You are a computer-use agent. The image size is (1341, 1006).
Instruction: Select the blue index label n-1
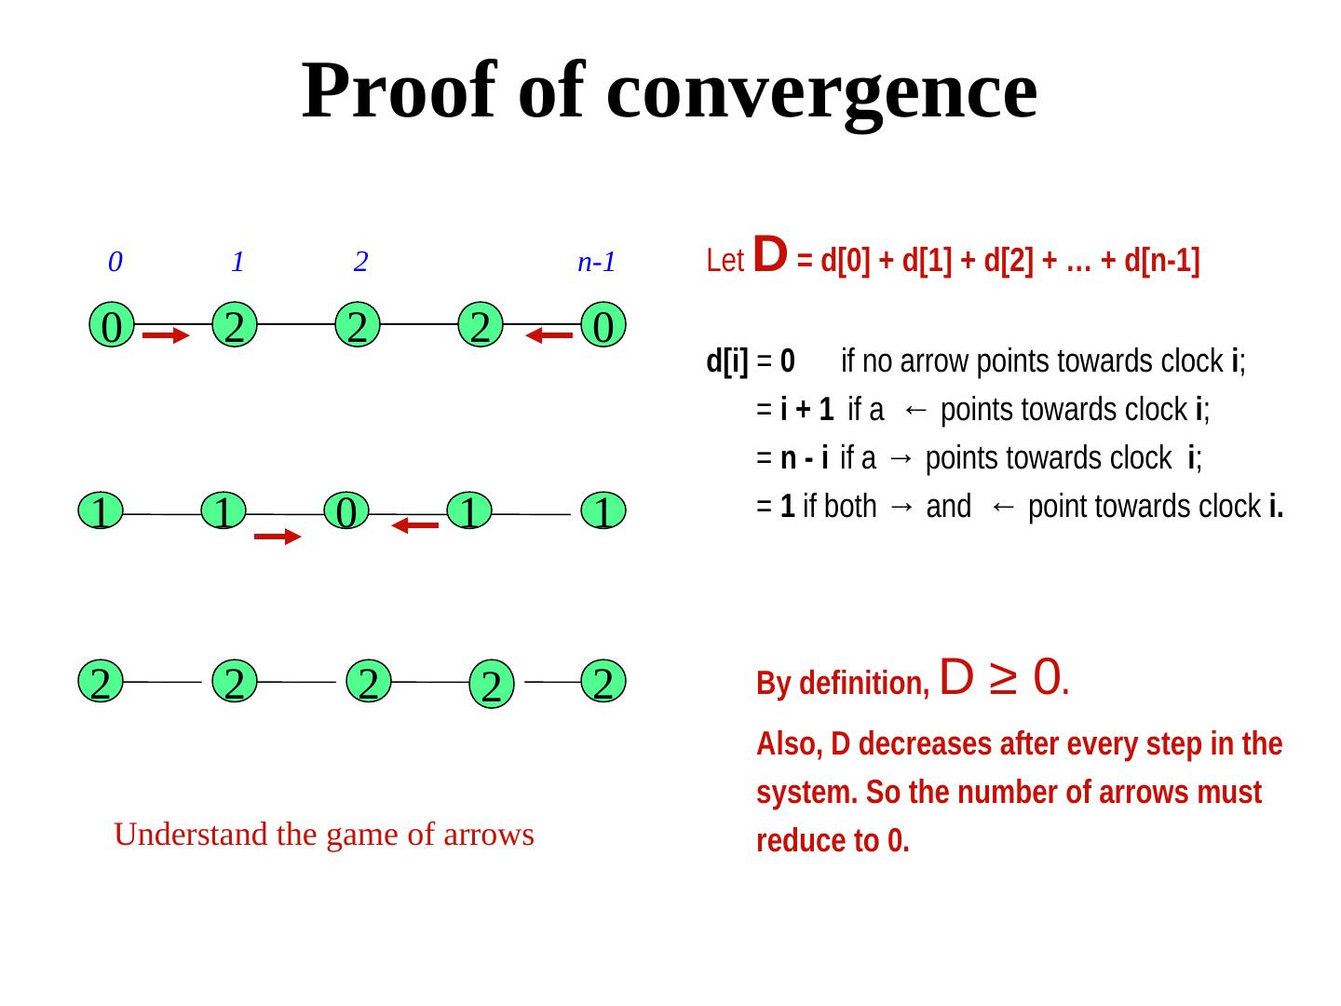click(597, 262)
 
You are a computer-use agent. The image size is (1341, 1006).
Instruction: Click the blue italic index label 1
click(237, 262)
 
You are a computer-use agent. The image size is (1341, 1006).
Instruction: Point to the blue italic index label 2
click(360, 262)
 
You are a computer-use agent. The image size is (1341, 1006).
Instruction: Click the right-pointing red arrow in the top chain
click(167, 335)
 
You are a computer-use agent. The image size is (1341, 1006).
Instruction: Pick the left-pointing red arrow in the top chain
click(549, 335)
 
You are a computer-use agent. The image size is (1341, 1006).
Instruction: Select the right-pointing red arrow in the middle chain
click(278, 537)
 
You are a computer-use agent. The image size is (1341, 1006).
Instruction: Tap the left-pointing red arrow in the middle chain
click(414, 525)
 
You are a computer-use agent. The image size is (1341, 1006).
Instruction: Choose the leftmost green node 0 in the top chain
click(112, 327)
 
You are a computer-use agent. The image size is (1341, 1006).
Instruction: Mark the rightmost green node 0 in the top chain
click(603, 327)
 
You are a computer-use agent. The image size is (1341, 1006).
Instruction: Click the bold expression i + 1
click(806, 409)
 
